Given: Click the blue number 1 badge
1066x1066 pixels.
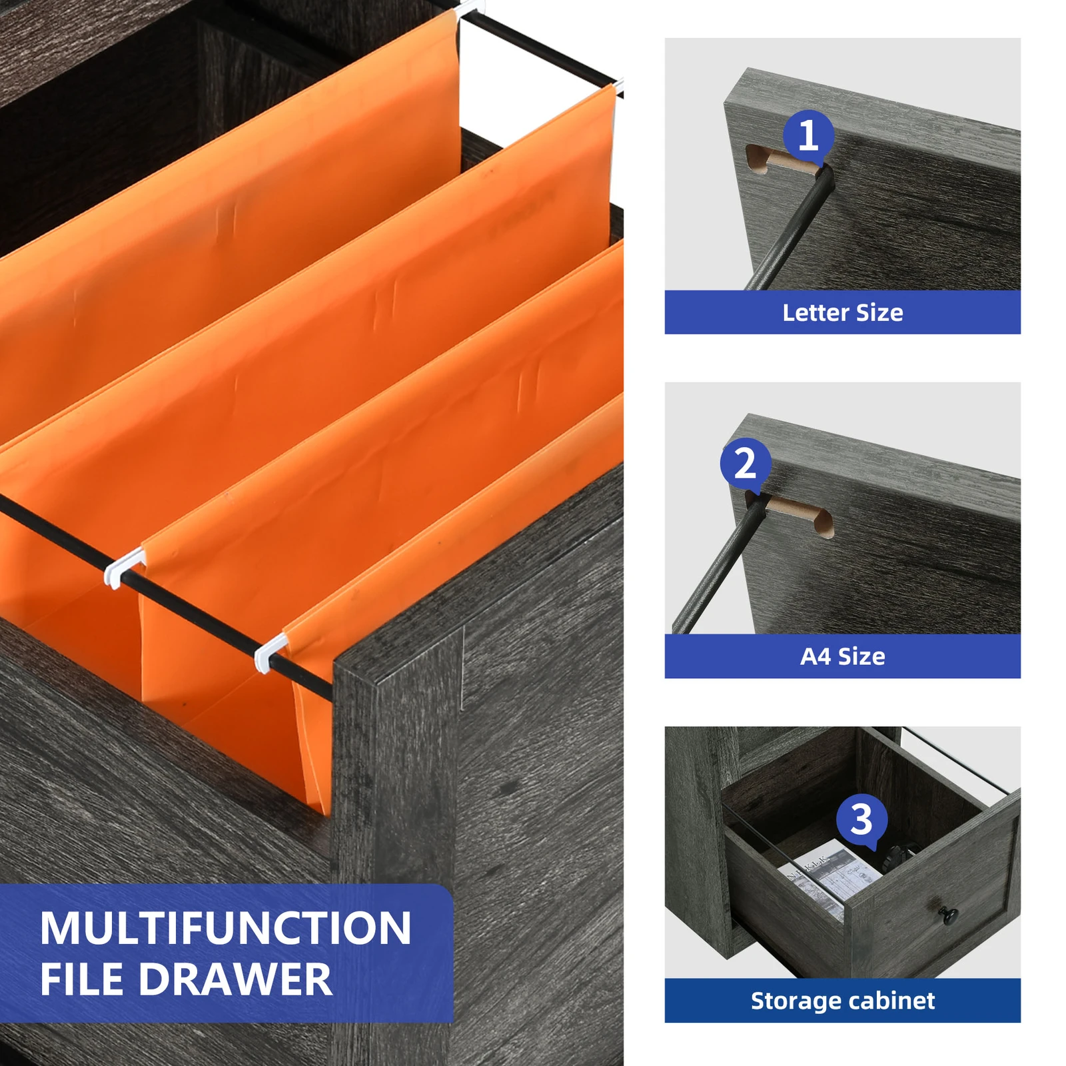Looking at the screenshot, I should [808, 135].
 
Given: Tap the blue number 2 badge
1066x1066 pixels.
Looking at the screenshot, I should [746, 463].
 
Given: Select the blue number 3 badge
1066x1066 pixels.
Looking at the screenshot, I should [861, 819].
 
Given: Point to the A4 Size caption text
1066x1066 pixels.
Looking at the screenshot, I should [842, 656].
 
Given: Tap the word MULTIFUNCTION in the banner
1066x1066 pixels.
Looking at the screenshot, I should [225, 928].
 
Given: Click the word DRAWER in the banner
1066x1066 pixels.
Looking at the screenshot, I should [235, 979].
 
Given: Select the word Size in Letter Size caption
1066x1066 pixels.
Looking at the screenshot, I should [879, 312].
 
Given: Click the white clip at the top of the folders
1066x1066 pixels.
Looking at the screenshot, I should [470, 9].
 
